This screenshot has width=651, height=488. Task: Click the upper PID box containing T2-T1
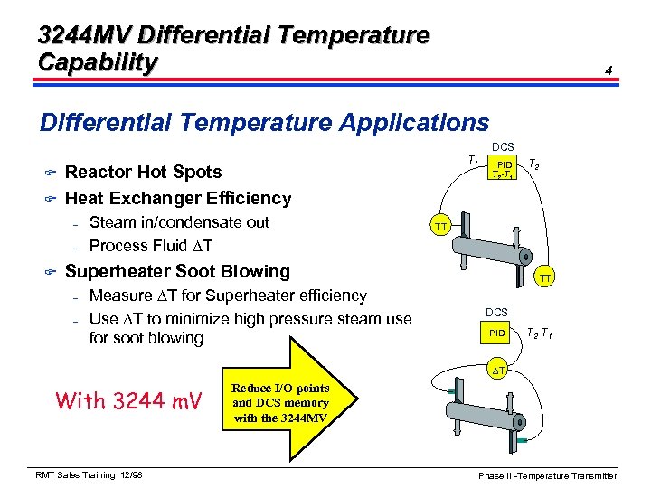click(505, 167)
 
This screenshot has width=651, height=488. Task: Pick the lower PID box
click(496, 333)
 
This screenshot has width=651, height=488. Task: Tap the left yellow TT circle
click(439, 225)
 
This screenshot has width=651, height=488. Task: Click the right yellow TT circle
click(546, 279)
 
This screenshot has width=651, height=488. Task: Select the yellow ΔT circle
click(497, 371)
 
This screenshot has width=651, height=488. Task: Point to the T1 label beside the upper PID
click(473, 161)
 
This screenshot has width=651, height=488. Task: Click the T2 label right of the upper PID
click(534, 164)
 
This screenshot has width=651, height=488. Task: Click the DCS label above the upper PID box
click(503, 145)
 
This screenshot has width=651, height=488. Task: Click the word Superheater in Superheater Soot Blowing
click(121, 271)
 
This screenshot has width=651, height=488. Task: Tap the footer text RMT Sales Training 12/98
click(90, 475)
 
